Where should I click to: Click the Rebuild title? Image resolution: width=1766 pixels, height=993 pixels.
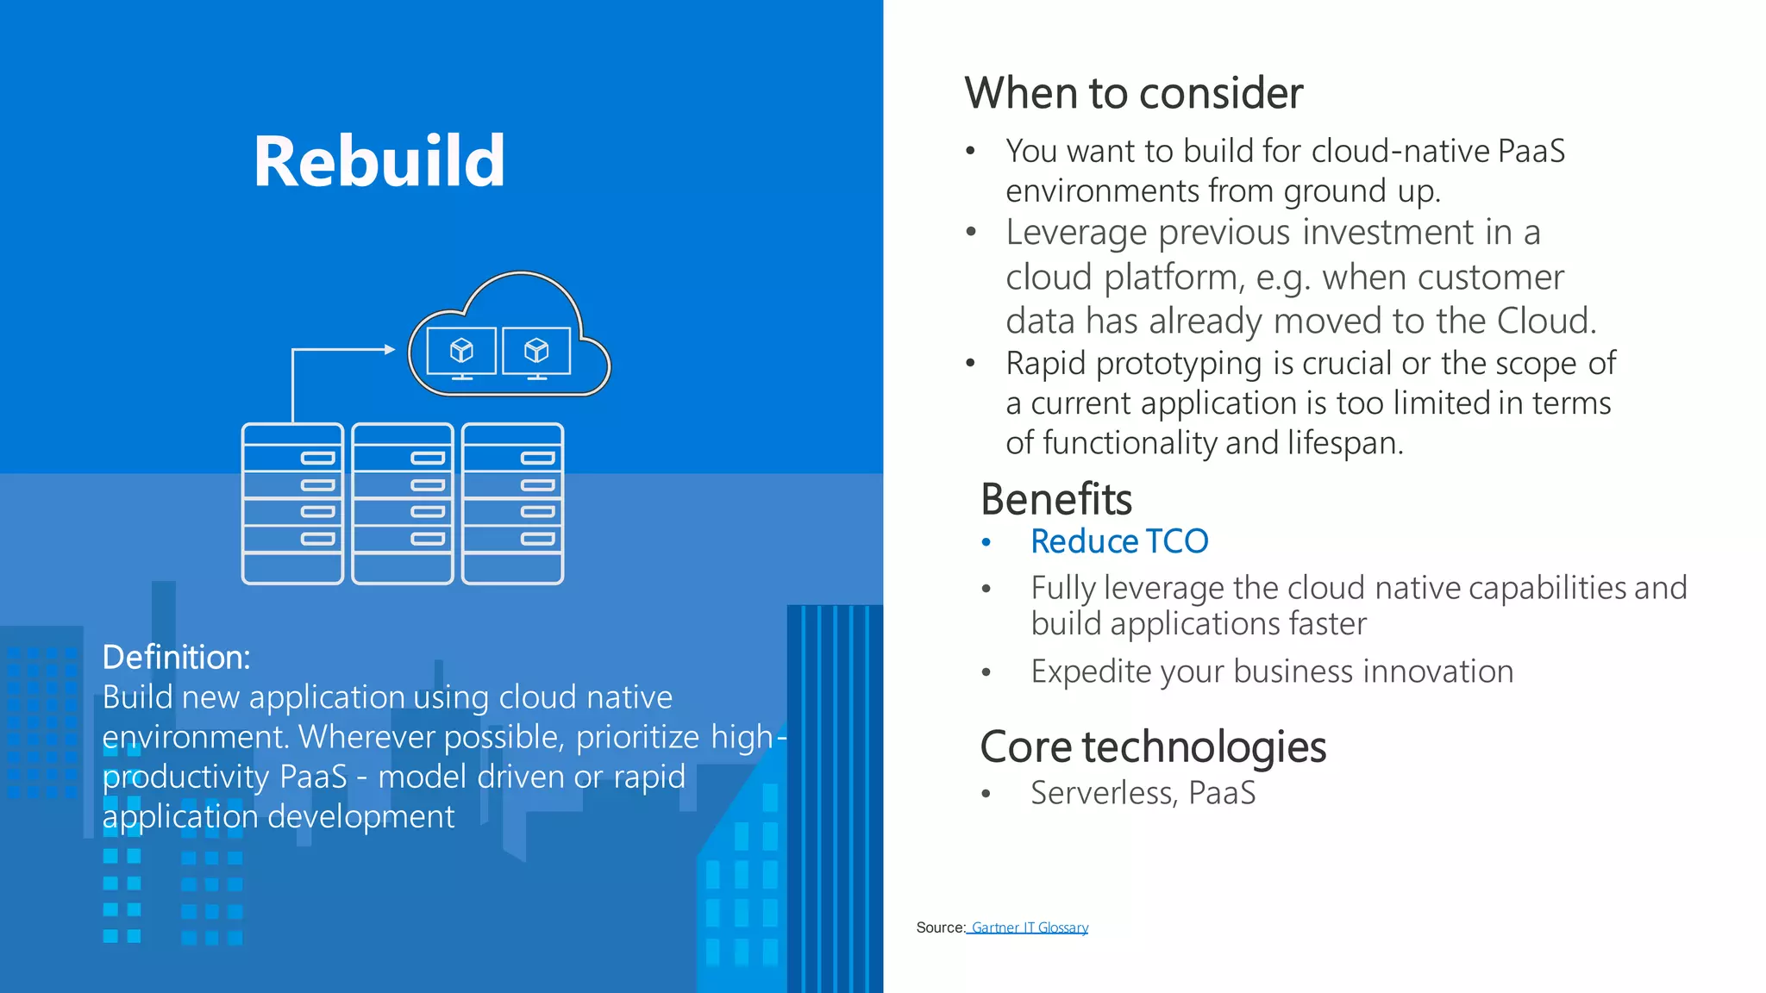(379, 162)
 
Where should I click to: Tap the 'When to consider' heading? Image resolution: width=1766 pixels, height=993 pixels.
(1133, 93)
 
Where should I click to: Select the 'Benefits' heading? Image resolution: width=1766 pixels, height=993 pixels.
(1055, 499)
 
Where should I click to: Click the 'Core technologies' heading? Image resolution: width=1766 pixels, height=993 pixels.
(1152, 746)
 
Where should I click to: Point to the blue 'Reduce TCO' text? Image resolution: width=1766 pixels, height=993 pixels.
(1119, 541)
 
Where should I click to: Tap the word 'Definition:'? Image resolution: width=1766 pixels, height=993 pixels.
(176, 657)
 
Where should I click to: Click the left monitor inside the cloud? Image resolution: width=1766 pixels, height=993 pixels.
(461, 351)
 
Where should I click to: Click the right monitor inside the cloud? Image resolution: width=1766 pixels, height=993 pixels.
(536, 351)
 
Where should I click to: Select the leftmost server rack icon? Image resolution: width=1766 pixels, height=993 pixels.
(292, 503)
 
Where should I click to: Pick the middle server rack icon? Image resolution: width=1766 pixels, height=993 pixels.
(403, 503)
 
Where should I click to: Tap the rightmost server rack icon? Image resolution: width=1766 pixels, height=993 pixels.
(513, 503)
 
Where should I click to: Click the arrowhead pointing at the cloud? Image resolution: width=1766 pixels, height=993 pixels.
(390, 349)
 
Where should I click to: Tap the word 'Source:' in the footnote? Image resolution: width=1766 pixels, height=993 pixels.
(940, 927)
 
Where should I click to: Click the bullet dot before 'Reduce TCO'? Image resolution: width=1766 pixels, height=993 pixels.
(986, 542)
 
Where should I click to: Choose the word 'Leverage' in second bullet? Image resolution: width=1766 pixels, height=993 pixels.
(1076, 233)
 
